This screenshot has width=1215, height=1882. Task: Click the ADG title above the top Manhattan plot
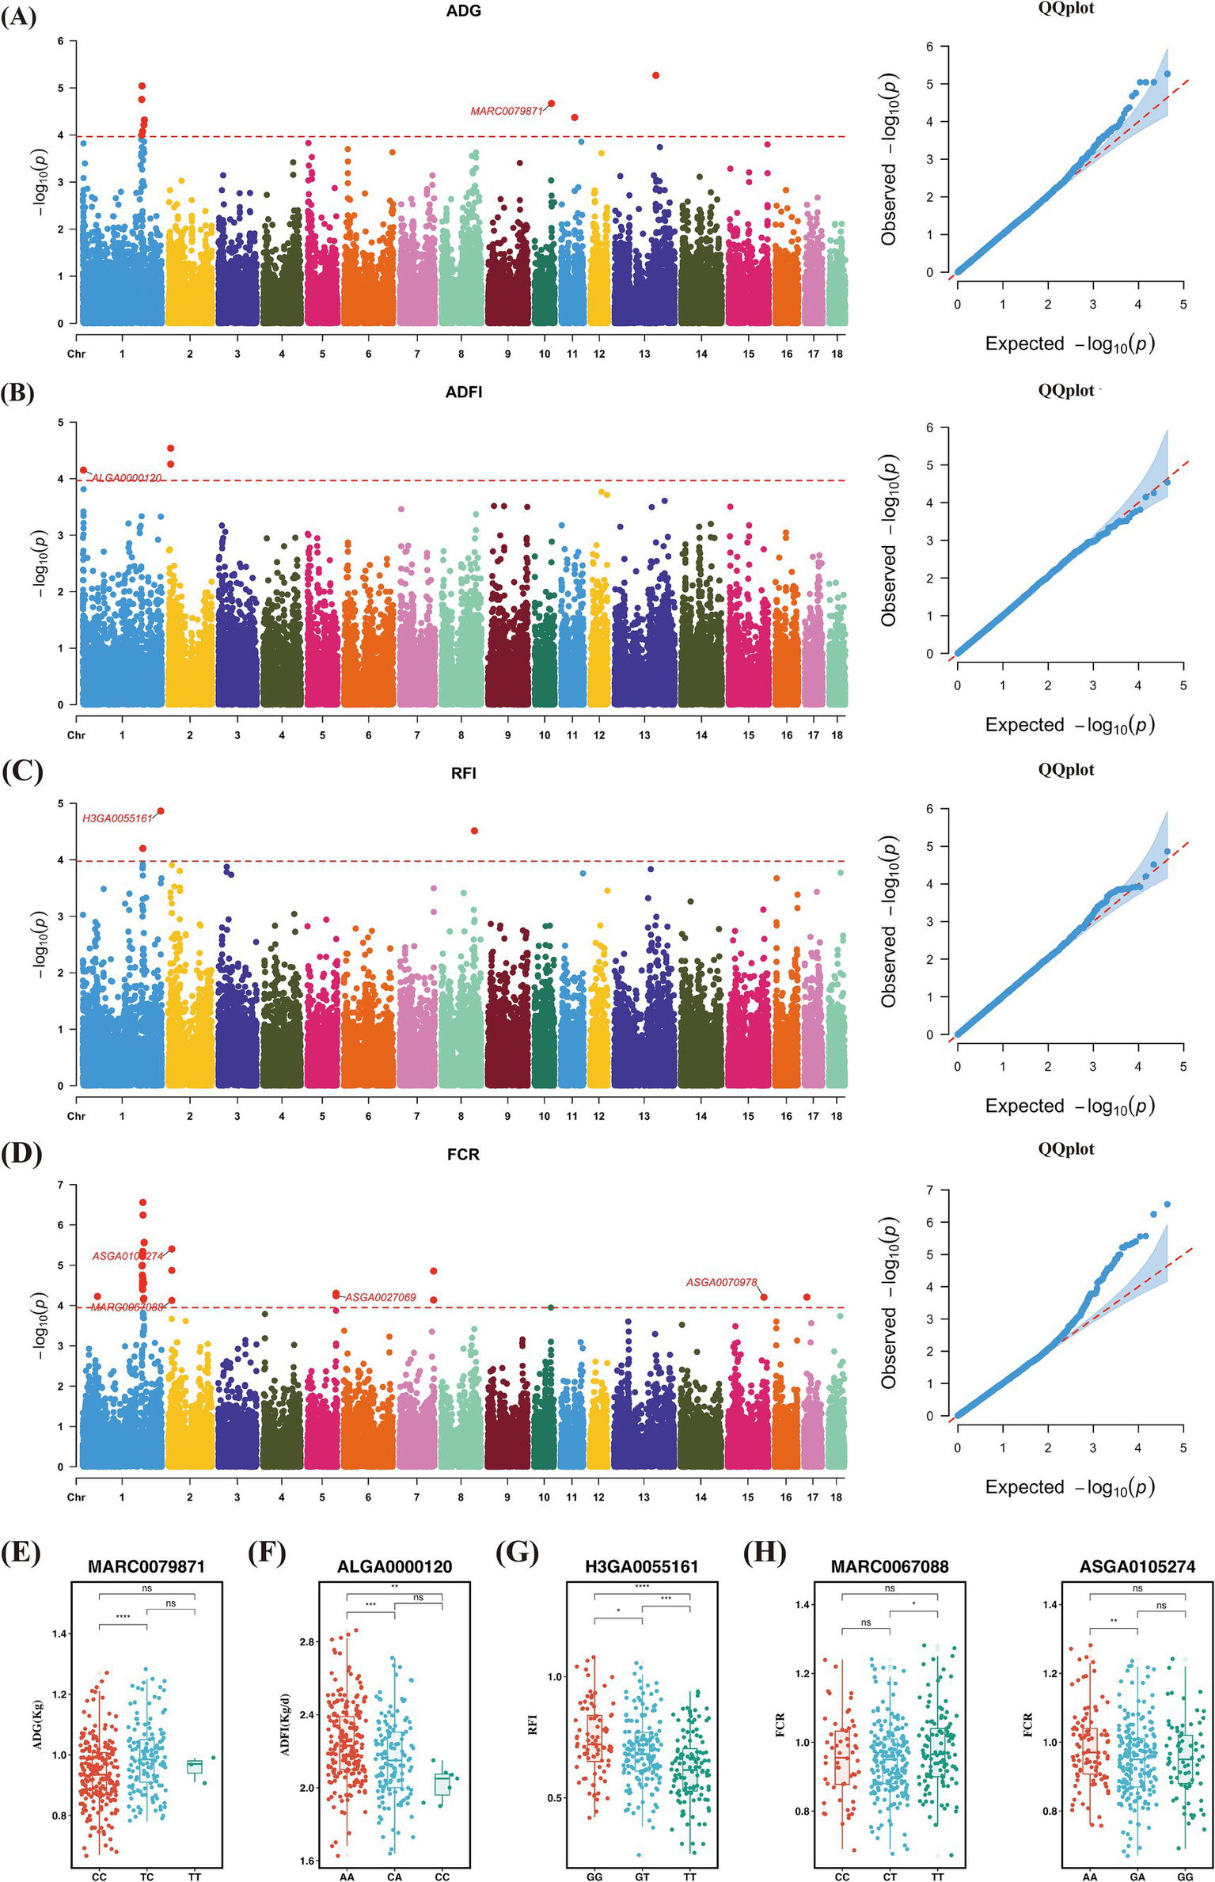[x=463, y=11]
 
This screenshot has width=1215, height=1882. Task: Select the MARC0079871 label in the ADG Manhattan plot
[x=507, y=112]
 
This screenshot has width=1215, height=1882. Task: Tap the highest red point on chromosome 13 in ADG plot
[x=656, y=75]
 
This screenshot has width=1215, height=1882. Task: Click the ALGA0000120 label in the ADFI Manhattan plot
[x=127, y=478]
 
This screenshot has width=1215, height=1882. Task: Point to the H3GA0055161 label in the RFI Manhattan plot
[x=117, y=818]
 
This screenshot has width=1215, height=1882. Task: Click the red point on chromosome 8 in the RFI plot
[x=474, y=830]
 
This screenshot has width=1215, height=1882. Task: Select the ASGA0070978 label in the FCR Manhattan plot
[x=721, y=1282]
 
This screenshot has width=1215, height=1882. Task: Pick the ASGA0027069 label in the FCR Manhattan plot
[x=381, y=1297]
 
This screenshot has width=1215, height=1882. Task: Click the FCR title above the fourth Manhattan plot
[x=463, y=1155]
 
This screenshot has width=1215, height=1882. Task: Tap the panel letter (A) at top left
[x=19, y=17]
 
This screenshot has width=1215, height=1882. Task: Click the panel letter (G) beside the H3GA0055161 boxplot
[x=516, y=1554]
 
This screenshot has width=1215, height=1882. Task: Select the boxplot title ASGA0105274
[x=1137, y=1567]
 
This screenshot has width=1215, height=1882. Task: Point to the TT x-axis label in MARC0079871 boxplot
[x=195, y=1876]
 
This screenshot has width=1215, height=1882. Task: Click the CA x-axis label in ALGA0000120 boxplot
[x=394, y=1876]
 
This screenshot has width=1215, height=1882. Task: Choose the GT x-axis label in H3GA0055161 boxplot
[x=642, y=1876]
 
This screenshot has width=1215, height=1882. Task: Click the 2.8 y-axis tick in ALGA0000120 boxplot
[x=307, y=1642]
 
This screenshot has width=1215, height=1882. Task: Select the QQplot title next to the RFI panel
[x=1066, y=770]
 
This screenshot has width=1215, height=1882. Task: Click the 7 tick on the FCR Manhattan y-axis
[x=60, y=1185]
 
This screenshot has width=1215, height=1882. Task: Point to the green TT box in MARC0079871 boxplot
[x=195, y=1766]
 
